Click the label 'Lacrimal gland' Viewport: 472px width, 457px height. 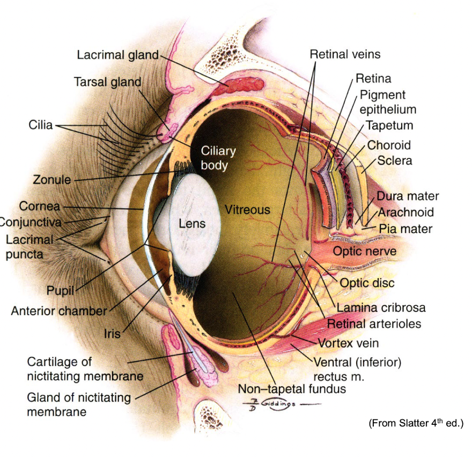coord(117,55)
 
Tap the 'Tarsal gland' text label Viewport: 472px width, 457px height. coord(107,82)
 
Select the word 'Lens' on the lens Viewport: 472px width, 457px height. coord(192,223)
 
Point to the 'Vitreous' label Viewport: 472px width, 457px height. coord(247,209)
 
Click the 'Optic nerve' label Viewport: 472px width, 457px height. coord(365,251)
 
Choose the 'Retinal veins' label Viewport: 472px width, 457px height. coord(345,54)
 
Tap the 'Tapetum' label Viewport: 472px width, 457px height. coord(389,126)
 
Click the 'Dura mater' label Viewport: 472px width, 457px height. coord(408,196)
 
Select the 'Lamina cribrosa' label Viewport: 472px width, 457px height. coord(381,308)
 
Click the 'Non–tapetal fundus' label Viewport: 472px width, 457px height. coord(292,388)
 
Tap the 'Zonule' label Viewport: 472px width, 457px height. coord(52,180)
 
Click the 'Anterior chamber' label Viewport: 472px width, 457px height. coord(59,311)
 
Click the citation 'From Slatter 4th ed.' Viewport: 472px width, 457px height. coord(415,424)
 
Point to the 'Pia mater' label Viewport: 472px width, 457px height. coord(405,229)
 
